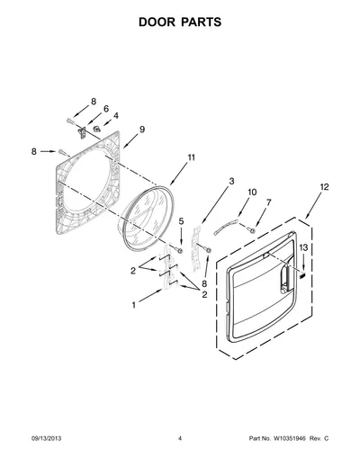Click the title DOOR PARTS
(180, 22)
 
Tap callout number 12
(324, 187)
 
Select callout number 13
(303, 247)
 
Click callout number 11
(192, 157)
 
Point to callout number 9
(142, 130)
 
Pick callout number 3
(231, 182)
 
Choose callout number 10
(252, 192)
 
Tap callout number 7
(268, 202)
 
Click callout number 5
(181, 221)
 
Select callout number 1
(134, 305)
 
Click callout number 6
(106, 109)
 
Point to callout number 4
(115, 116)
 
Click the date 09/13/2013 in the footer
(46, 438)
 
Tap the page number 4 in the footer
(180, 438)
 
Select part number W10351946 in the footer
(289, 438)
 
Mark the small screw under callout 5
(179, 250)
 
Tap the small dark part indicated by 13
(302, 275)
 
